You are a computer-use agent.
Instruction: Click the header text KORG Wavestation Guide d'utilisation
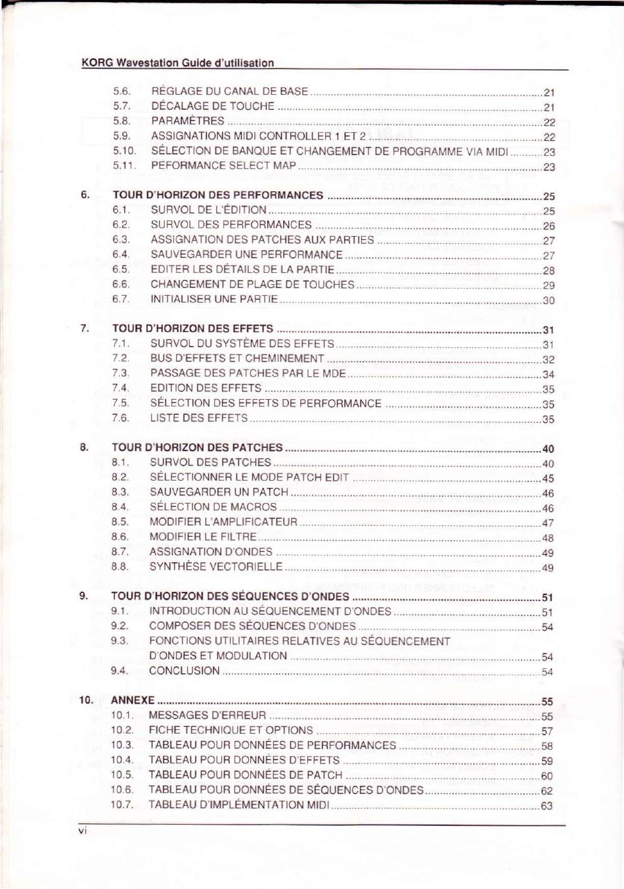pyautogui.click(x=177, y=63)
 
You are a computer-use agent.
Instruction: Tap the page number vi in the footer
pyautogui.click(x=82, y=831)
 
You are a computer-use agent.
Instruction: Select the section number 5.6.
pyautogui.click(x=122, y=91)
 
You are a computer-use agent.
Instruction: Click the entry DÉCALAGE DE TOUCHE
pyautogui.click(x=213, y=106)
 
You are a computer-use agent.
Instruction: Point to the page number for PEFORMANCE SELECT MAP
pyautogui.click(x=549, y=167)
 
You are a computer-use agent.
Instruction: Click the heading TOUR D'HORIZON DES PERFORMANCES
pyautogui.click(x=217, y=195)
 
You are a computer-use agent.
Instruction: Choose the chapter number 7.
pyautogui.click(x=84, y=328)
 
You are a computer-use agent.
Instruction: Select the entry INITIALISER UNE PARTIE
pyautogui.click(x=214, y=299)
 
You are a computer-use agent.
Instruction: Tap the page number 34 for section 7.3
pyautogui.click(x=548, y=375)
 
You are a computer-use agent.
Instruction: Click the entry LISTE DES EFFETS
pyautogui.click(x=198, y=418)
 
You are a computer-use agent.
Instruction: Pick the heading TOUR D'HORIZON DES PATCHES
pyautogui.click(x=197, y=448)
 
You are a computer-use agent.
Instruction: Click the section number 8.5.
pyautogui.click(x=120, y=522)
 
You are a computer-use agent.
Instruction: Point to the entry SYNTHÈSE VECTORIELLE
pyautogui.click(x=215, y=567)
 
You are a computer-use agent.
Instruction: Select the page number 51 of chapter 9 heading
pyautogui.click(x=548, y=598)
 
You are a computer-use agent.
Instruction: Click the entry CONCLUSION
pyautogui.click(x=184, y=671)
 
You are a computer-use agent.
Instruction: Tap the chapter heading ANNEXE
pyautogui.click(x=133, y=700)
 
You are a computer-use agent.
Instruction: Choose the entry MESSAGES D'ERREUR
pyautogui.click(x=207, y=715)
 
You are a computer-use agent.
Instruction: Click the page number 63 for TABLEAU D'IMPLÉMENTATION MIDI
pyautogui.click(x=546, y=805)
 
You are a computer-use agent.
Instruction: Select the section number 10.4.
pyautogui.click(x=122, y=760)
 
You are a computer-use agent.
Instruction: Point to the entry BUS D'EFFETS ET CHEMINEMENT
pyautogui.click(x=237, y=359)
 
